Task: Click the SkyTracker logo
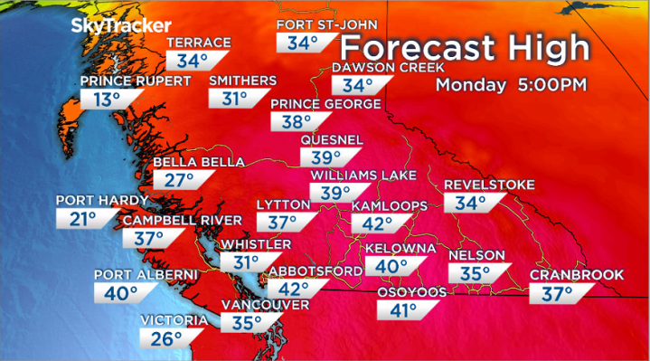(x=112, y=24)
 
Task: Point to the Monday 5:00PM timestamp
(x=512, y=85)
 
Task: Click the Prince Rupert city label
(x=136, y=81)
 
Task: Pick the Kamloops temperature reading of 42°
(x=378, y=223)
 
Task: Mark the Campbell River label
(x=183, y=220)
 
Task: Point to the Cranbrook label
(x=563, y=275)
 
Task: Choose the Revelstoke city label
(x=484, y=185)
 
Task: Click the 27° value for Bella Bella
(x=183, y=179)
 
